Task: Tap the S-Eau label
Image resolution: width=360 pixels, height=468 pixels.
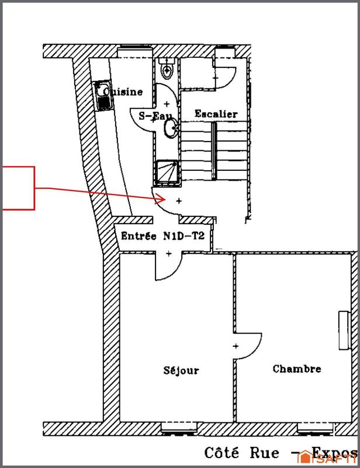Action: pos(153,116)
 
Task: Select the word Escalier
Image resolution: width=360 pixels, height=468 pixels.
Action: pos(216,113)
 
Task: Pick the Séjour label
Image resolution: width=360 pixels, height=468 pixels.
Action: pos(181,370)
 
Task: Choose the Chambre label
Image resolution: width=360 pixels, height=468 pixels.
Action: pos(297,369)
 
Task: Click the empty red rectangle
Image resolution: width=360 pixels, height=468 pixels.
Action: pos(17,188)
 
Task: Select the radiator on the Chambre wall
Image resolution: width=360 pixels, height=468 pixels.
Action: pos(342,331)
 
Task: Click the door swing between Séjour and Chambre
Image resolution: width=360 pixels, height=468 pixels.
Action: pos(248,345)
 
